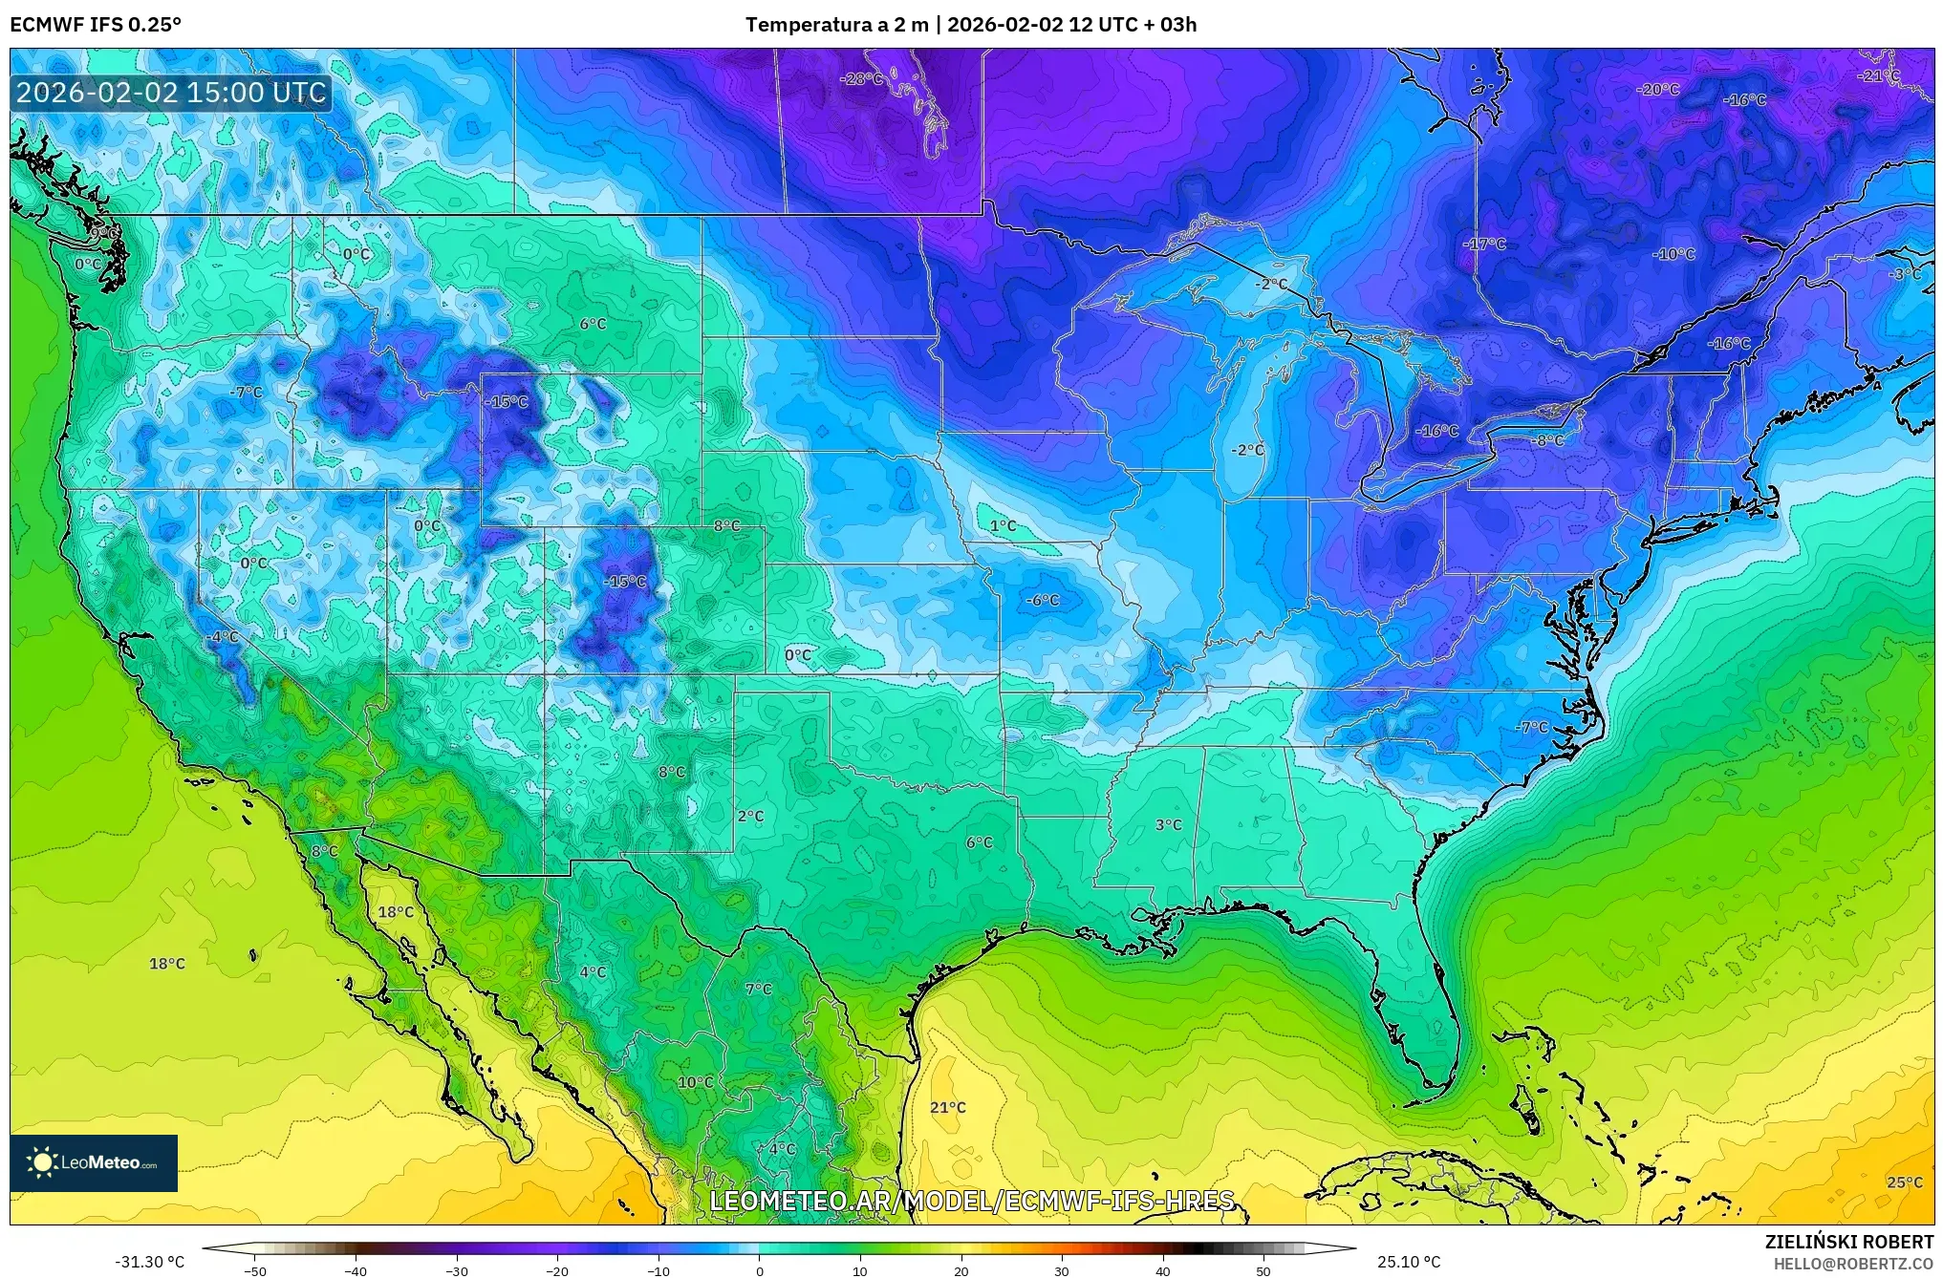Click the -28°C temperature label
[861, 79]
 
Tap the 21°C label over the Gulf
[947, 1107]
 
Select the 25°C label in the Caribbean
[1903, 1182]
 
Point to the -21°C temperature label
[1877, 76]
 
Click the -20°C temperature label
[1657, 90]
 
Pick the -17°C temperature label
[1483, 245]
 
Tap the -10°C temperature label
[1673, 254]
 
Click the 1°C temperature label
[1003, 526]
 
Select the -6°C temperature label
[1042, 600]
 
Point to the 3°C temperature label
[1168, 824]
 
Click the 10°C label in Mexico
[695, 1082]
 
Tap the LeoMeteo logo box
[94, 1162]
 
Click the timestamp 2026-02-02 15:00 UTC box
[171, 93]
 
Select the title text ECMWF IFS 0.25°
[95, 25]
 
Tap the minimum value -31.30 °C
[150, 1262]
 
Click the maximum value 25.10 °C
[1408, 1262]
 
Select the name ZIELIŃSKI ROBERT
[1848, 1242]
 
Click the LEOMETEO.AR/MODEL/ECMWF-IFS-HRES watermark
[971, 1201]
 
